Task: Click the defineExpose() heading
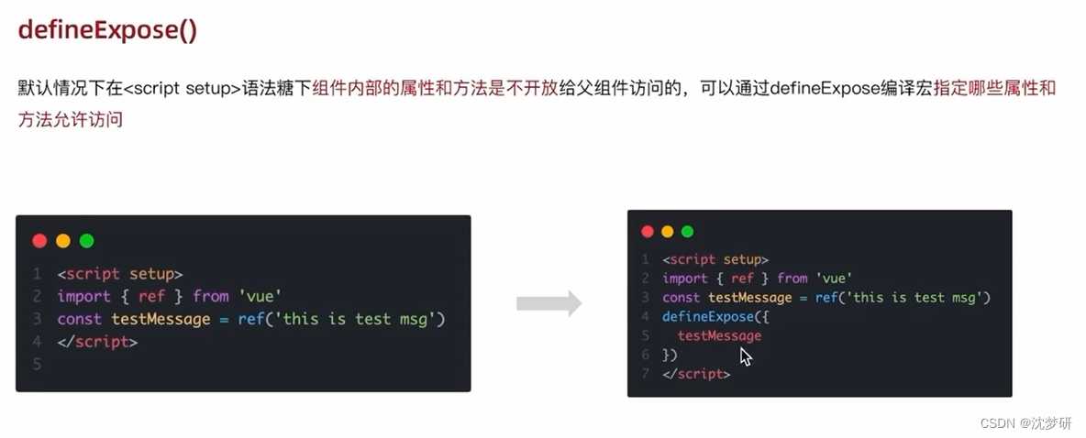[108, 29]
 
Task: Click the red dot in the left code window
[39, 241]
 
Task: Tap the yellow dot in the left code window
[63, 241]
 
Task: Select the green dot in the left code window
[87, 241]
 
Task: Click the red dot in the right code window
[648, 232]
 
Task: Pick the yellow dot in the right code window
[668, 232]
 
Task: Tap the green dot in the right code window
[688, 232]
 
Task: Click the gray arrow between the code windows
[549, 303]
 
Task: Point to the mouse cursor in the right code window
[746, 356]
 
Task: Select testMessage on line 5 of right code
[719, 336]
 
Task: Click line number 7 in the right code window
[646, 375]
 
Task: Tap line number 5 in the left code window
[37, 365]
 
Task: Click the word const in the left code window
[80, 319]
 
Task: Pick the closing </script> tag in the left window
[97, 342]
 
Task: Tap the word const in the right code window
[682, 298]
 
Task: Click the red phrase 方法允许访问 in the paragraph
[71, 120]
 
